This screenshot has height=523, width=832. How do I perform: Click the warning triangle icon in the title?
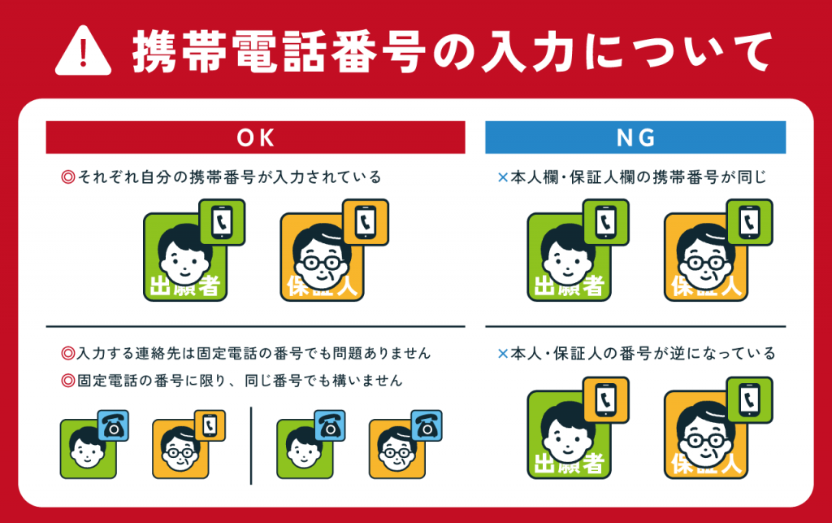pos(84,51)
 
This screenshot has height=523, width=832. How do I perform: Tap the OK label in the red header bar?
pos(256,138)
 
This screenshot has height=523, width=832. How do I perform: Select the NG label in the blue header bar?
pos(635,138)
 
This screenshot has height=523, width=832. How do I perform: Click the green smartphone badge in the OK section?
pos(222,222)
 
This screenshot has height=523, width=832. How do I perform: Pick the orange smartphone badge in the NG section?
pos(606,400)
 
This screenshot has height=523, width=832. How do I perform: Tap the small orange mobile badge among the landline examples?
pos(210,425)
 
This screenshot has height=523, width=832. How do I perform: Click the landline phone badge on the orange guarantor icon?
pos(427,425)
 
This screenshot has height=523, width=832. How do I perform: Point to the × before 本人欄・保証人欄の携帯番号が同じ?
pos(503,177)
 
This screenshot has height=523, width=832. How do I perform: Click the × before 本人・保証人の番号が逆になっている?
pos(503,354)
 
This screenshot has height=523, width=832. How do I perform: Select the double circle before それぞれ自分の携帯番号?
pos(68,177)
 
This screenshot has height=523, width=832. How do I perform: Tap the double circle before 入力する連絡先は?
pos(68,353)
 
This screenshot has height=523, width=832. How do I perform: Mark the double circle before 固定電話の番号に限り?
pos(68,380)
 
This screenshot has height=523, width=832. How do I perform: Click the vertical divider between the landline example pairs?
pos(251,446)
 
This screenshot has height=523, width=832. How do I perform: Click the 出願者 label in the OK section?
pos(184,287)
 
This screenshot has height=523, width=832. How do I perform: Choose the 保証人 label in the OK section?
pos(322,287)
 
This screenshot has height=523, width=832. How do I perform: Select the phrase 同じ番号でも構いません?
pos(323,380)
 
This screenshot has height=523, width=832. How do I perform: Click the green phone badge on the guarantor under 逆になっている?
pos(750,400)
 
